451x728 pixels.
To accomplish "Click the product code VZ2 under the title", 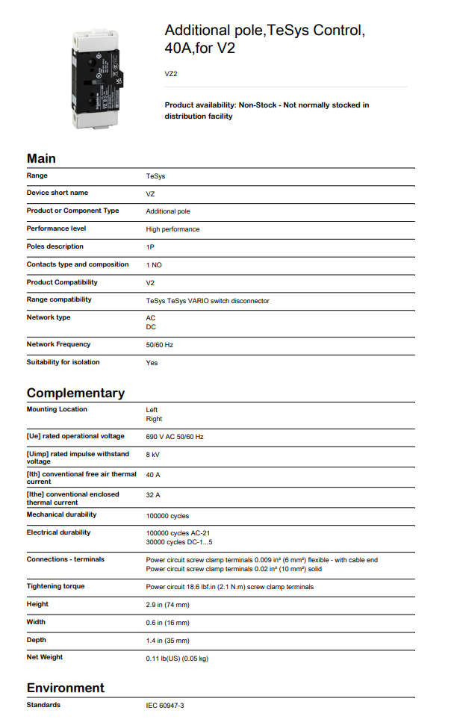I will (171, 74).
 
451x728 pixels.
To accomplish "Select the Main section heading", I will (41, 158).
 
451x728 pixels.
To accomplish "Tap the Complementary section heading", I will (75, 393).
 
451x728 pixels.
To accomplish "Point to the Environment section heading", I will (66, 688).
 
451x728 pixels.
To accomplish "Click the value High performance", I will (172, 229).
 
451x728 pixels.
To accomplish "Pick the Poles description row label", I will (55, 246).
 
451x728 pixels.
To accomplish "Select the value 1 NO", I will (154, 265).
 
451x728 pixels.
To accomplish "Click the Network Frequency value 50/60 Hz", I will (161, 345).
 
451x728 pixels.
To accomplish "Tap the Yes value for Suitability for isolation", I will (152, 363).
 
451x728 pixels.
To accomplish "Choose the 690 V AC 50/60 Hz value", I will (175, 437).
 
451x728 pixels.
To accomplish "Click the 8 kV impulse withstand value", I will (153, 454).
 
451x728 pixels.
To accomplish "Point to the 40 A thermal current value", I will (153, 474).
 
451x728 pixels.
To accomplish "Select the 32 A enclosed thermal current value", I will (153, 494).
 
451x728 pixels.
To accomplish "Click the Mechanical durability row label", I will (61, 514).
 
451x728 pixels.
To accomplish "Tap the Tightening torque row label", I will (56, 586).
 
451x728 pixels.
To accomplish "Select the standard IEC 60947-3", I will (165, 706).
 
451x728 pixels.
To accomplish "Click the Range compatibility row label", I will (59, 299).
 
